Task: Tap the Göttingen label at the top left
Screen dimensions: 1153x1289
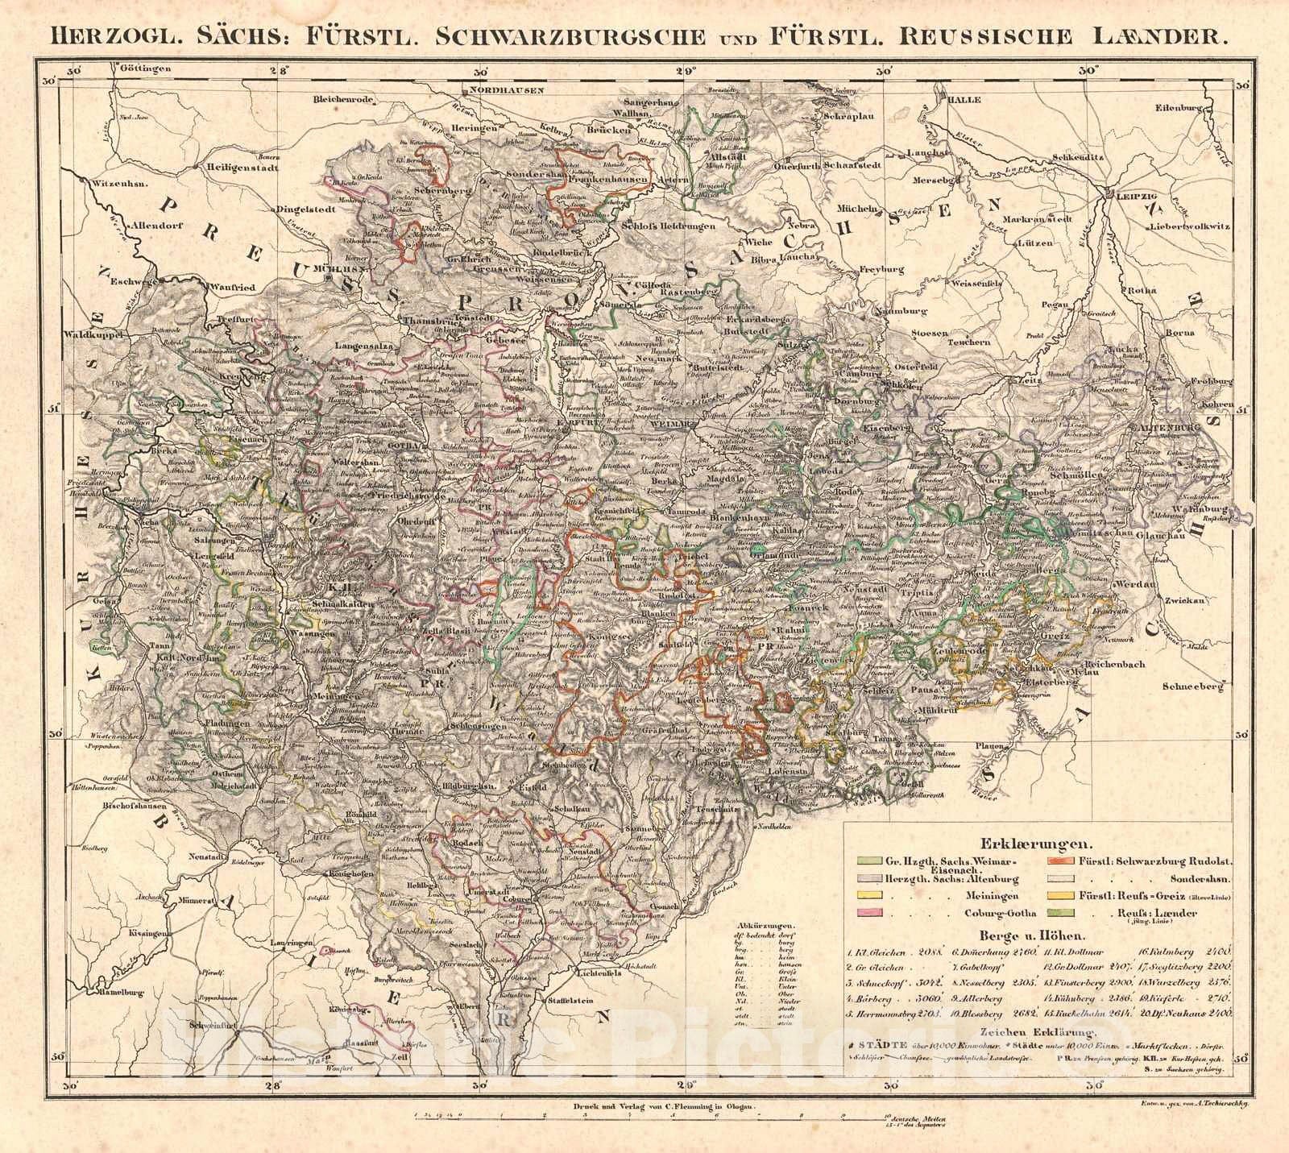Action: click(x=144, y=69)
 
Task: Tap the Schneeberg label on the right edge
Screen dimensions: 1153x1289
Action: click(x=1197, y=687)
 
